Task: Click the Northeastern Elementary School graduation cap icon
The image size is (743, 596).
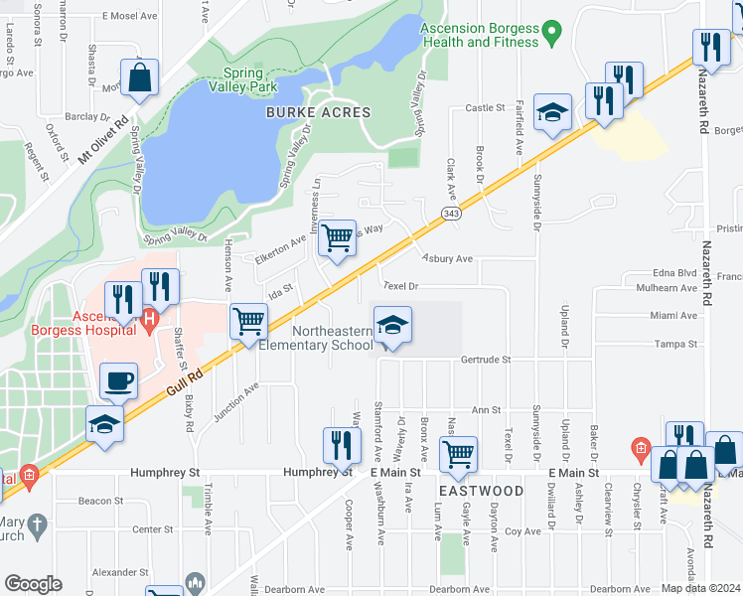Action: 392,326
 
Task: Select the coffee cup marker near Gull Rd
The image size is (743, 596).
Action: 119,379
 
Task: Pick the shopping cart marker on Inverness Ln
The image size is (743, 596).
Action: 338,238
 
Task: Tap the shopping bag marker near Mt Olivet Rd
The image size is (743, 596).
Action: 140,76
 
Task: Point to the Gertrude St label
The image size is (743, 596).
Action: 485,360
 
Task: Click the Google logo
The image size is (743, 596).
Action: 34,584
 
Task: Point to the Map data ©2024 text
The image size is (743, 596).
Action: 699,588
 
